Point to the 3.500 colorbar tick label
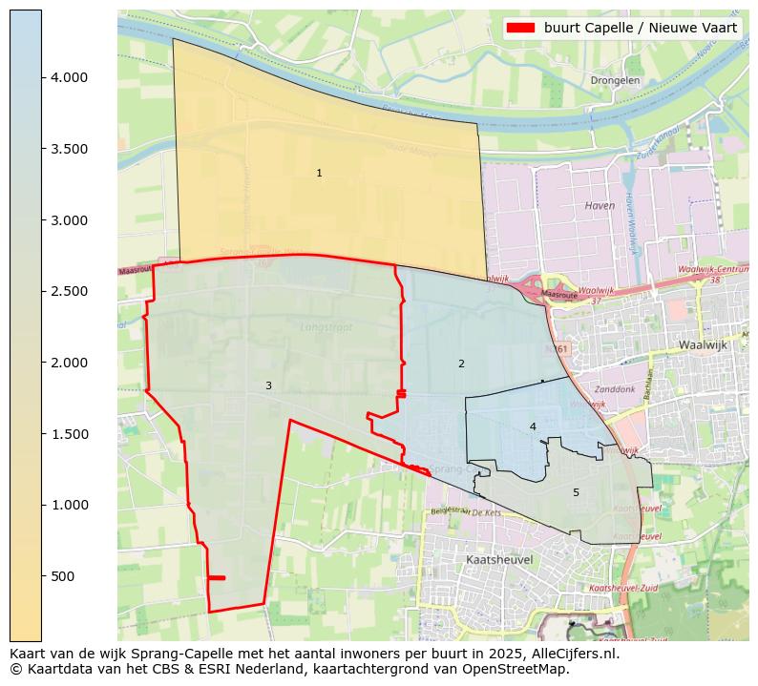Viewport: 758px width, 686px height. tap(69, 149)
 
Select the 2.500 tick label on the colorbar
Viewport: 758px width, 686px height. tap(69, 291)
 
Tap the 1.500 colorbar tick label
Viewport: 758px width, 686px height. tap(69, 434)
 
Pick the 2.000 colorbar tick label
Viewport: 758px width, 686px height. tap(69, 363)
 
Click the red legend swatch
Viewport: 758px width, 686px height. tap(523, 28)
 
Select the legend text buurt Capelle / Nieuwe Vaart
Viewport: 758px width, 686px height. tap(641, 28)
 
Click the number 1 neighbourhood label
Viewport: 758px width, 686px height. tap(319, 173)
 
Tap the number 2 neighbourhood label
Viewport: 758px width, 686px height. tap(461, 364)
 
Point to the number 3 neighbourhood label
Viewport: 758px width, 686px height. tap(268, 385)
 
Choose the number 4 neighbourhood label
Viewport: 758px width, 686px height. tap(533, 426)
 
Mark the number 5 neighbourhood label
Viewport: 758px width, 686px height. tap(576, 492)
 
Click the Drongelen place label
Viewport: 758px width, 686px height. tap(615, 81)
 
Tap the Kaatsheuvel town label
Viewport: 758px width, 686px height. tap(498, 559)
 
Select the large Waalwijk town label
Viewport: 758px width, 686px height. tap(704, 344)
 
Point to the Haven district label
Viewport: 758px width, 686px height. tap(600, 205)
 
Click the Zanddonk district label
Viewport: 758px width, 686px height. tap(614, 390)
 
